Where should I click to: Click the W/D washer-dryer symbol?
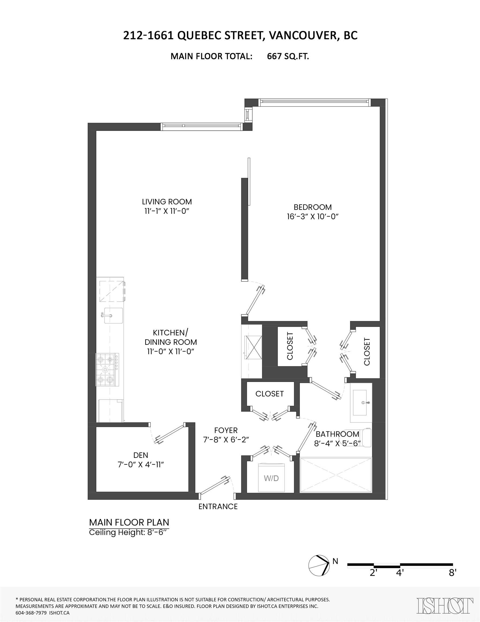coord(271,478)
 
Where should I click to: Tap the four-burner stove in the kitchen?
coord(107,370)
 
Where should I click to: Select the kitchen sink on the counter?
coord(113,315)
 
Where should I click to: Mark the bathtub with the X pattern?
coord(336,475)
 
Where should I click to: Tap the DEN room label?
coord(140,455)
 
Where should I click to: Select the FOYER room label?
coord(226,430)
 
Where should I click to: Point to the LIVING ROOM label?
coord(167,202)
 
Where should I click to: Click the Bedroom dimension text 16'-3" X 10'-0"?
coord(313,217)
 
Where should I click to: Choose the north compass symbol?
coord(319,566)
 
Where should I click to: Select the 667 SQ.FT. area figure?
coord(288,56)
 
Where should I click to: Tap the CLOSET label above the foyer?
coord(269,394)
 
